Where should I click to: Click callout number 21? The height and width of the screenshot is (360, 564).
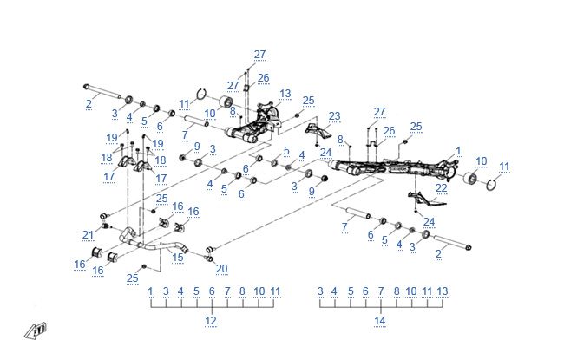click(88, 235)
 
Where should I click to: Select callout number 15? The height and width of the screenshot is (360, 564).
click(179, 257)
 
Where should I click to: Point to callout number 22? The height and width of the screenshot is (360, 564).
click(441, 187)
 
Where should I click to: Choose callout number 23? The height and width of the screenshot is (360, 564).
click(334, 116)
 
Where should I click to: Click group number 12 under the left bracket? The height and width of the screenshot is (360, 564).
click(210, 321)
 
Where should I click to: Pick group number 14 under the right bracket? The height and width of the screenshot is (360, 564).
click(379, 321)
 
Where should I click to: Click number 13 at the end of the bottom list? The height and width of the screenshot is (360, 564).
click(443, 291)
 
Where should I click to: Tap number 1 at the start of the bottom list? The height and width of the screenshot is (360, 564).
click(150, 291)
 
